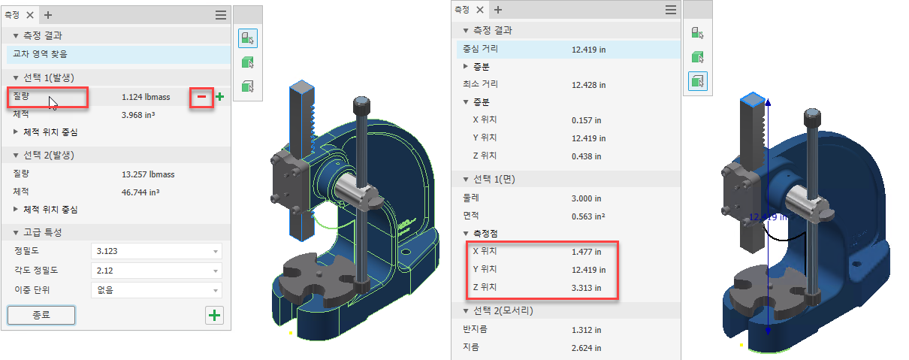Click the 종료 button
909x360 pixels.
click(x=41, y=315)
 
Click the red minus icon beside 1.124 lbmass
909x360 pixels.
click(x=201, y=97)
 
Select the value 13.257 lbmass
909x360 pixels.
click(x=148, y=174)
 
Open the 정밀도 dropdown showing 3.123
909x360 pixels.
click(x=156, y=251)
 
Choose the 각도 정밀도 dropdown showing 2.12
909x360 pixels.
click(x=156, y=271)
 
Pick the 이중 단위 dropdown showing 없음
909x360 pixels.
click(x=156, y=290)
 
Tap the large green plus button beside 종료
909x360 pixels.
click(x=214, y=316)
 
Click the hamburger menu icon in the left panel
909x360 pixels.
click(x=221, y=15)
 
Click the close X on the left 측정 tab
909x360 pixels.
click(x=30, y=15)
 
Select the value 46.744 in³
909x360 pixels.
click(x=140, y=192)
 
